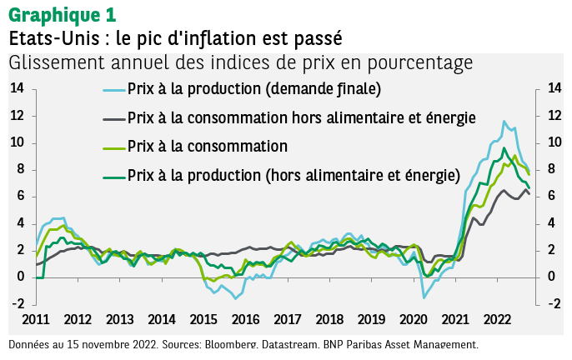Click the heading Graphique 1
pyautogui.click(x=63, y=15)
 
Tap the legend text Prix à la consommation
pyautogui.click(x=208, y=147)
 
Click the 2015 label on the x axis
pyautogui.click(x=203, y=319)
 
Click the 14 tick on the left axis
pyautogui.click(x=17, y=88)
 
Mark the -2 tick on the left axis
pyautogui.click(x=17, y=304)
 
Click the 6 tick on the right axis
pyautogui.click(x=551, y=197)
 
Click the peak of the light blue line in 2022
pyautogui.click(x=504, y=122)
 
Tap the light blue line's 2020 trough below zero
pyautogui.click(x=424, y=297)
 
